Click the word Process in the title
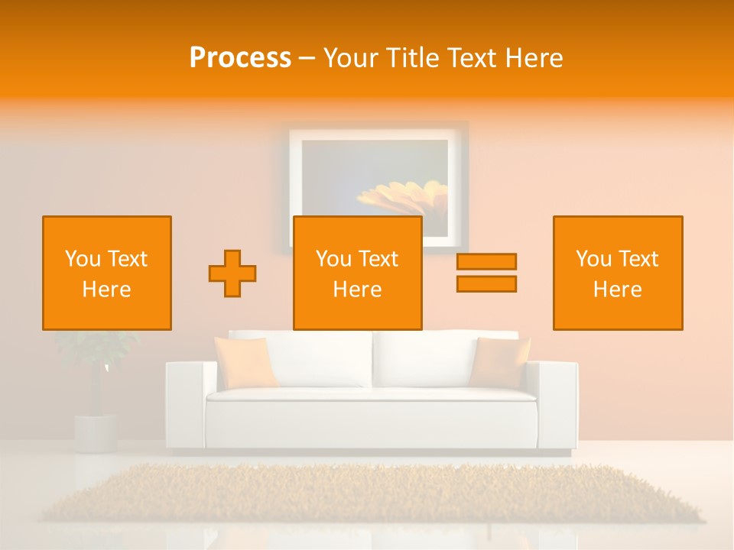coord(240,58)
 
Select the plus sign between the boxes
coord(232,273)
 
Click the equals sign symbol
coord(486,273)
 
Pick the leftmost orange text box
coord(107,273)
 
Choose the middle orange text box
coord(358,273)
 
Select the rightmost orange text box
coord(618,273)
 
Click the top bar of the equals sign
coord(486,261)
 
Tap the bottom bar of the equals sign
coord(486,284)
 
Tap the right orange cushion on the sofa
coord(500,361)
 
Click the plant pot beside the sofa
coord(96,433)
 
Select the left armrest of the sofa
coord(186,405)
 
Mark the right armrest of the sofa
coord(557,405)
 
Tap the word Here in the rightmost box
coord(618,290)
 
